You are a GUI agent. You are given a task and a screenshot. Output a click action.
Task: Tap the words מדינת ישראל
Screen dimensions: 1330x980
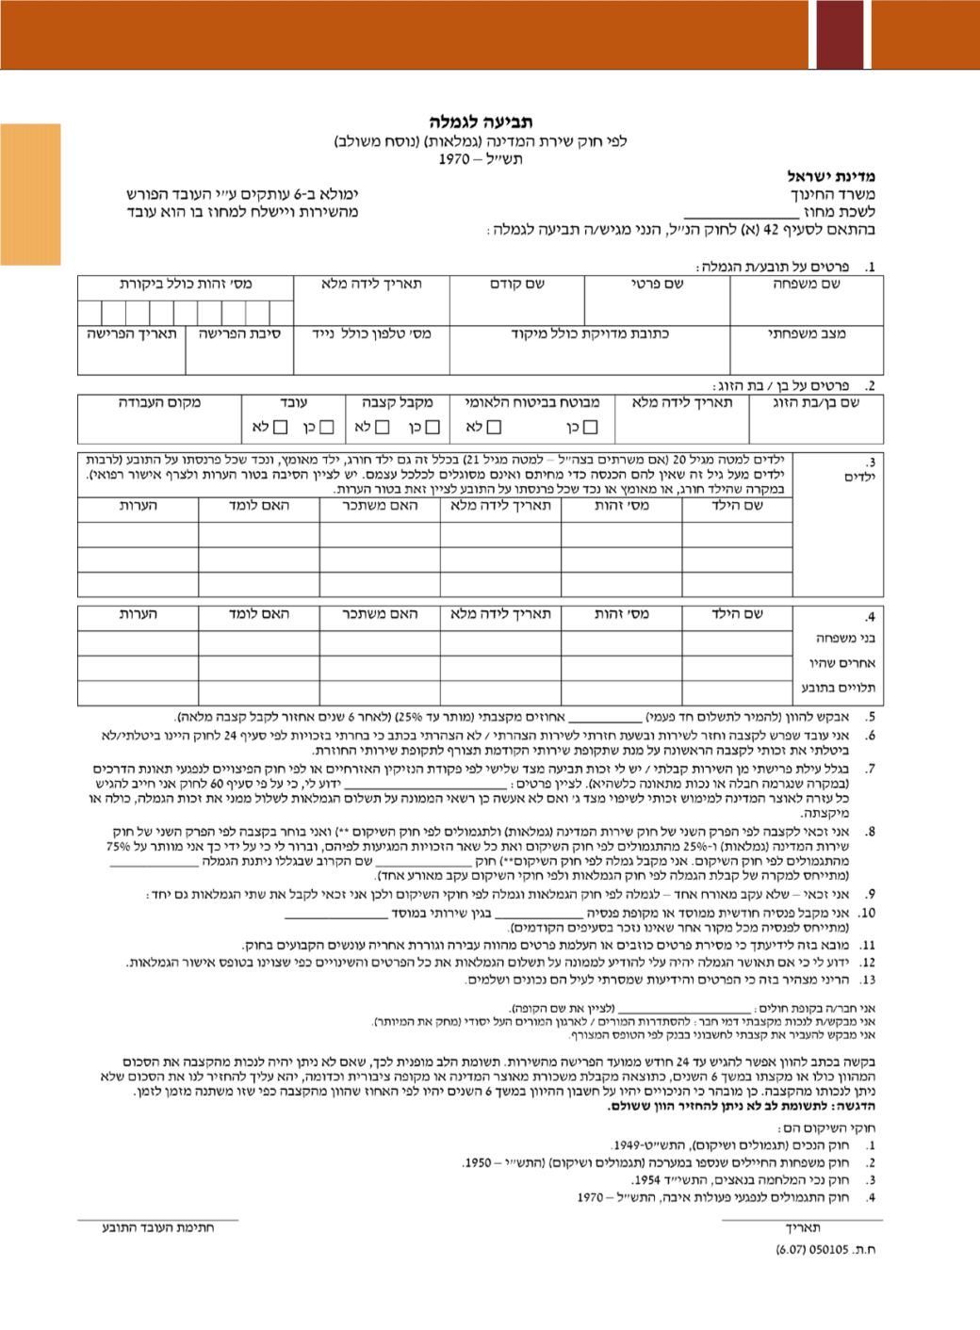[x=832, y=176]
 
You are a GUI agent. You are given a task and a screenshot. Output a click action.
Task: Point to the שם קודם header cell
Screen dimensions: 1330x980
[x=516, y=284]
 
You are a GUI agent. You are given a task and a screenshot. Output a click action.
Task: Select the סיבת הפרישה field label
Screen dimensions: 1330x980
[x=239, y=333]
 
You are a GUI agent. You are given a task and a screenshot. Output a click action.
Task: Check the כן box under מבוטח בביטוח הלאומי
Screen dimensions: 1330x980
[x=590, y=428]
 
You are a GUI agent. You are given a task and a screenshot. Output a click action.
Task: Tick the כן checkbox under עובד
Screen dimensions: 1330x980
[x=326, y=428]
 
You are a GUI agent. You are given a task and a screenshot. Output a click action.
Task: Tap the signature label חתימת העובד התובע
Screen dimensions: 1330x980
[x=158, y=1228]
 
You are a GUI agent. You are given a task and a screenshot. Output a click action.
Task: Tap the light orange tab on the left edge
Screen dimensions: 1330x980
[x=30, y=194]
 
